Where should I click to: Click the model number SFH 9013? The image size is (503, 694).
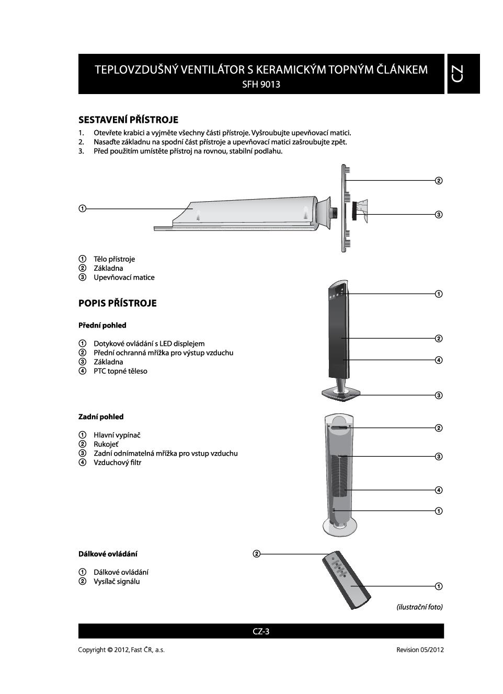[261, 84]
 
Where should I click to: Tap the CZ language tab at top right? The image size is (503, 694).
[463, 74]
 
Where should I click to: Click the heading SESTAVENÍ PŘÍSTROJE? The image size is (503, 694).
[128, 120]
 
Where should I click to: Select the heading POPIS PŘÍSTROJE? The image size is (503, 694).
[117, 303]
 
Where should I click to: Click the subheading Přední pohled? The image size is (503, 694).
[102, 325]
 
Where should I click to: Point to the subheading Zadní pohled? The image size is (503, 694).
[101, 417]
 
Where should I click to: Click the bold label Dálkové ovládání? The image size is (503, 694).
[108, 553]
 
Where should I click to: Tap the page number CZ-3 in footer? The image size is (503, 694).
[261, 631]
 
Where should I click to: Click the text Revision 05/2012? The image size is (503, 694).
[420, 650]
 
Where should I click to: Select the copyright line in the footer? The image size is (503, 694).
[121, 650]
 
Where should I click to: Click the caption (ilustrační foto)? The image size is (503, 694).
[419, 607]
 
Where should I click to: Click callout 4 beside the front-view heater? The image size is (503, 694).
[439, 360]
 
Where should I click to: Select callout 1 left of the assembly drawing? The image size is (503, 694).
[82, 209]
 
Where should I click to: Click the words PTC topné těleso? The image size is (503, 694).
[120, 371]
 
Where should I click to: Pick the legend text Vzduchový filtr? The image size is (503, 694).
[117, 462]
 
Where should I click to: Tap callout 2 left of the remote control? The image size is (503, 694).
[256, 554]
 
